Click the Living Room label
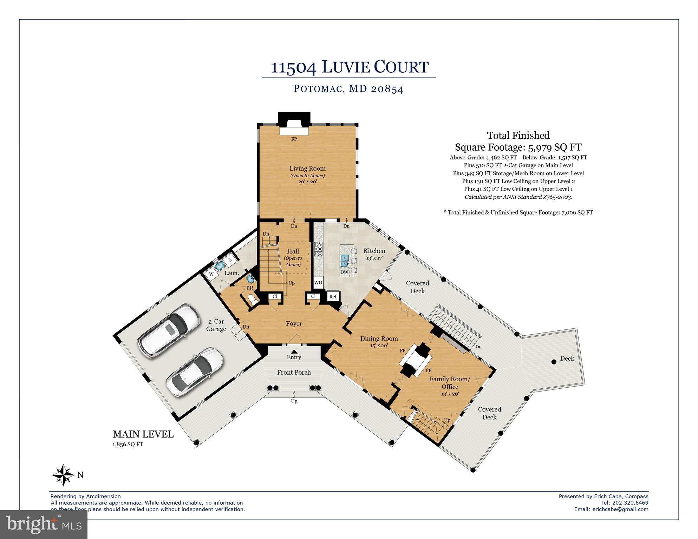pyautogui.click(x=307, y=169)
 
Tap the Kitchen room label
pyautogui.click(x=374, y=251)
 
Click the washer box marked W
pyautogui.click(x=211, y=274)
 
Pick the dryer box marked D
pyautogui.click(x=230, y=260)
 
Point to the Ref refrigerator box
pyautogui.click(x=333, y=296)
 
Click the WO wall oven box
pyautogui.click(x=318, y=282)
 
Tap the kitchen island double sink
pyautogui.click(x=345, y=261)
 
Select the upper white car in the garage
pyautogui.click(x=168, y=329)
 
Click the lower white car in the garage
pyautogui.click(x=195, y=372)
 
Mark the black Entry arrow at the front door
pyautogui.click(x=294, y=351)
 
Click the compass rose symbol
pyautogui.click(x=63, y=475)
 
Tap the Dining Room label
pyautogui.click(x=379, y=338)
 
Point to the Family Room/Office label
pyautogui.click(x=450, y=383)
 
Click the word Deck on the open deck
pyautogui.click(x=567, y=359)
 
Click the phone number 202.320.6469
pyautogui.click(x=631, y=503)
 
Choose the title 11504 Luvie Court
pyautogui.click(x=349, y=67)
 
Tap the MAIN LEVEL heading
pyautogui.click(x=143, y=434)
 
